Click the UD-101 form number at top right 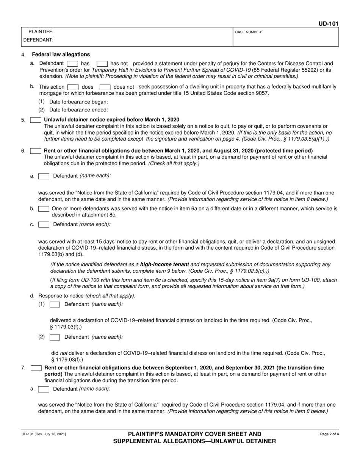pyautogui.click(x=328, y=23)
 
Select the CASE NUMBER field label pyautogui.click(x=249, y=32)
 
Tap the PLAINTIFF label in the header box pyautogui.click(x=41, y=32)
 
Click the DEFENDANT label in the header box pyautogui.click(x=38, y=40)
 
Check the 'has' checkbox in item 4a pyautogui.click(x=72, y=64)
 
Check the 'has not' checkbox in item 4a pyautogui.click(x=102, y=64)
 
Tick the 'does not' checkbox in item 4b pyautogui.click(x=105, y=87)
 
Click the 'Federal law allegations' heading pyautogui.click(x=61, y=55)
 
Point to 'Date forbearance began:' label pyautogui.click(x=78, y=102)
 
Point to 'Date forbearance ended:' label pyautogui.click(x=78, y=110)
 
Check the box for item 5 pyautogui.click(x=36, y=120)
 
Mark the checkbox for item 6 pyautogui.click(x=36, y=151)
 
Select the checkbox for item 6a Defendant pyautogui.click(x=44, y=176)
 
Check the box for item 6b pyautogui.click(x=44, y=209)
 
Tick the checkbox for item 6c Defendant pyautogui.click(x=44, y=225)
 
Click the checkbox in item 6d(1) pyautogui.click(x=55, y=305)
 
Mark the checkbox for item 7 pyautogui.click(x=36, y=368)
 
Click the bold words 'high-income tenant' pyautogui.click(x=164, y=264)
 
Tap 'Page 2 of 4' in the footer pyautogui.click(x=329, y=434)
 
